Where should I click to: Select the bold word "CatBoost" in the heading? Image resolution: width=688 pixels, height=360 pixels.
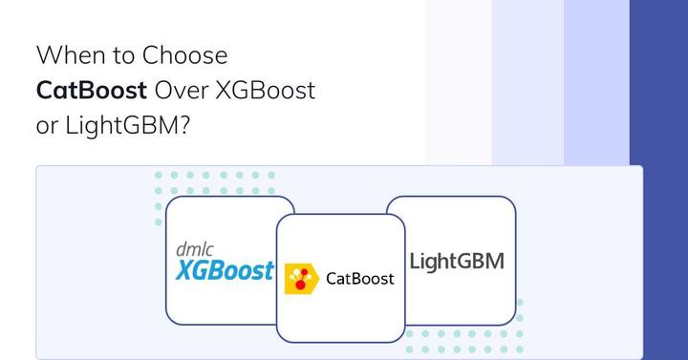pos(92,91)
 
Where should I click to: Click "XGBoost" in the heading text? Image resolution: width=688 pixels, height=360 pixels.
pos(267,91)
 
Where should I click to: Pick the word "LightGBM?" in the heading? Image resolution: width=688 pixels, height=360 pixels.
pos(129,127)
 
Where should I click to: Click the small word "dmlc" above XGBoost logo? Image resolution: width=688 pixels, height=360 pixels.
pos(195,249)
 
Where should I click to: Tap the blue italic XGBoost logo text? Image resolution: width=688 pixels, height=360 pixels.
pos(226,270)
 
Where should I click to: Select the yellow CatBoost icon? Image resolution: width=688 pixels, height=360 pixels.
pos(301,277)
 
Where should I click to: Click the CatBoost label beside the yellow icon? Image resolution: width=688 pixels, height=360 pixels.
pos(360,279)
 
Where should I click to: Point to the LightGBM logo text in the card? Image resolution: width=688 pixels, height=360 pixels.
pos(456,261)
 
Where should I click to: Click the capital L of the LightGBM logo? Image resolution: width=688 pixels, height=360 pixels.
pos(415,261)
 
